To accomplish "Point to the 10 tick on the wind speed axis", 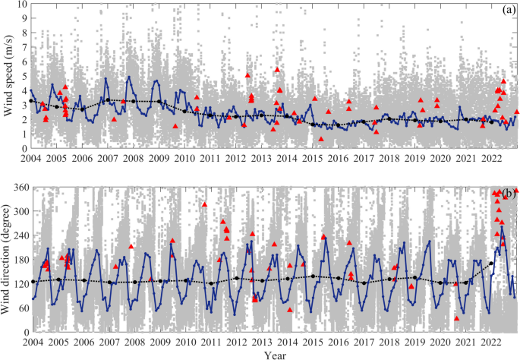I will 22,4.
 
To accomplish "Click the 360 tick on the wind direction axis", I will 18,187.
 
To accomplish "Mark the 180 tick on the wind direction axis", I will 18,260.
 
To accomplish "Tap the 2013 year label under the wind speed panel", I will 261,158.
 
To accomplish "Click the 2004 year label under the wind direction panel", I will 31,342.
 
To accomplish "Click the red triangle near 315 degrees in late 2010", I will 204,204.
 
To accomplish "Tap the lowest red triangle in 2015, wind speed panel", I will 321,139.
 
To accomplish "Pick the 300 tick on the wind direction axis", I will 18,211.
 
